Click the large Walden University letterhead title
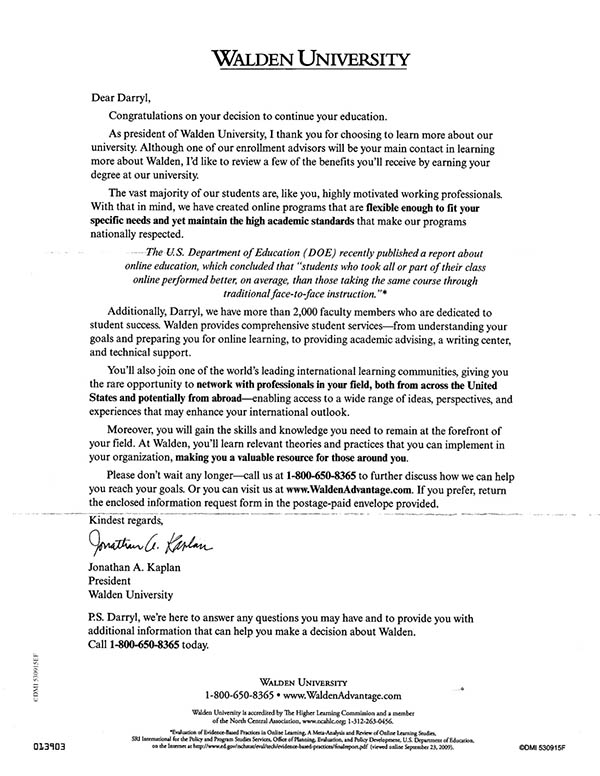(303, 58)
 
